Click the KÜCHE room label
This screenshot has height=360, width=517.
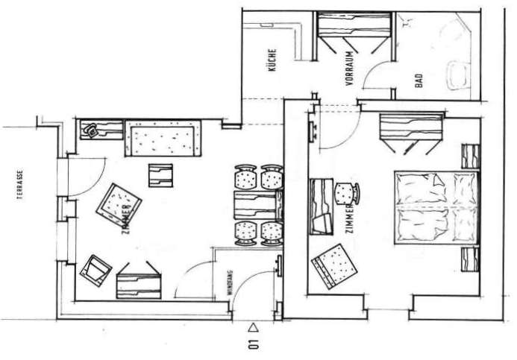[x=272, y=60]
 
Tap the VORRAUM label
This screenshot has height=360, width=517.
[x=350, y=69]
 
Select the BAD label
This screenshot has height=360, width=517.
[x=419, y=80]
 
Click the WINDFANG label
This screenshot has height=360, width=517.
[x=230, y=282]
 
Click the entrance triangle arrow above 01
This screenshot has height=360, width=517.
[x=253, y=327]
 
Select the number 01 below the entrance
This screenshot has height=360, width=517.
[x=254, y=344]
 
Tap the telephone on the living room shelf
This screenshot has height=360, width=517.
[x=90, y=130]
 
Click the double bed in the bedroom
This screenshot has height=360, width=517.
[x=436, y=208]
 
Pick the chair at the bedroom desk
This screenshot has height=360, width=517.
[x=347, y=193]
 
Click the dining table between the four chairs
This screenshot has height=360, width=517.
[x=258, y=205]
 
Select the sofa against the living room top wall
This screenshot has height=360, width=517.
[x=163, y=139]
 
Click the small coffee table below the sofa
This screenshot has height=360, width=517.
[x=160, y=176]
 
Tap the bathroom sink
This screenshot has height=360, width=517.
[x=457, y=75]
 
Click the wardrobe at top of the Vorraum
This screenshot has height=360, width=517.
[x=354, y=24]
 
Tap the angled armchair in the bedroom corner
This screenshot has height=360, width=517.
[x=334, y=267]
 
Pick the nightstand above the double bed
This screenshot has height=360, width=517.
[x=470, y=157]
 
